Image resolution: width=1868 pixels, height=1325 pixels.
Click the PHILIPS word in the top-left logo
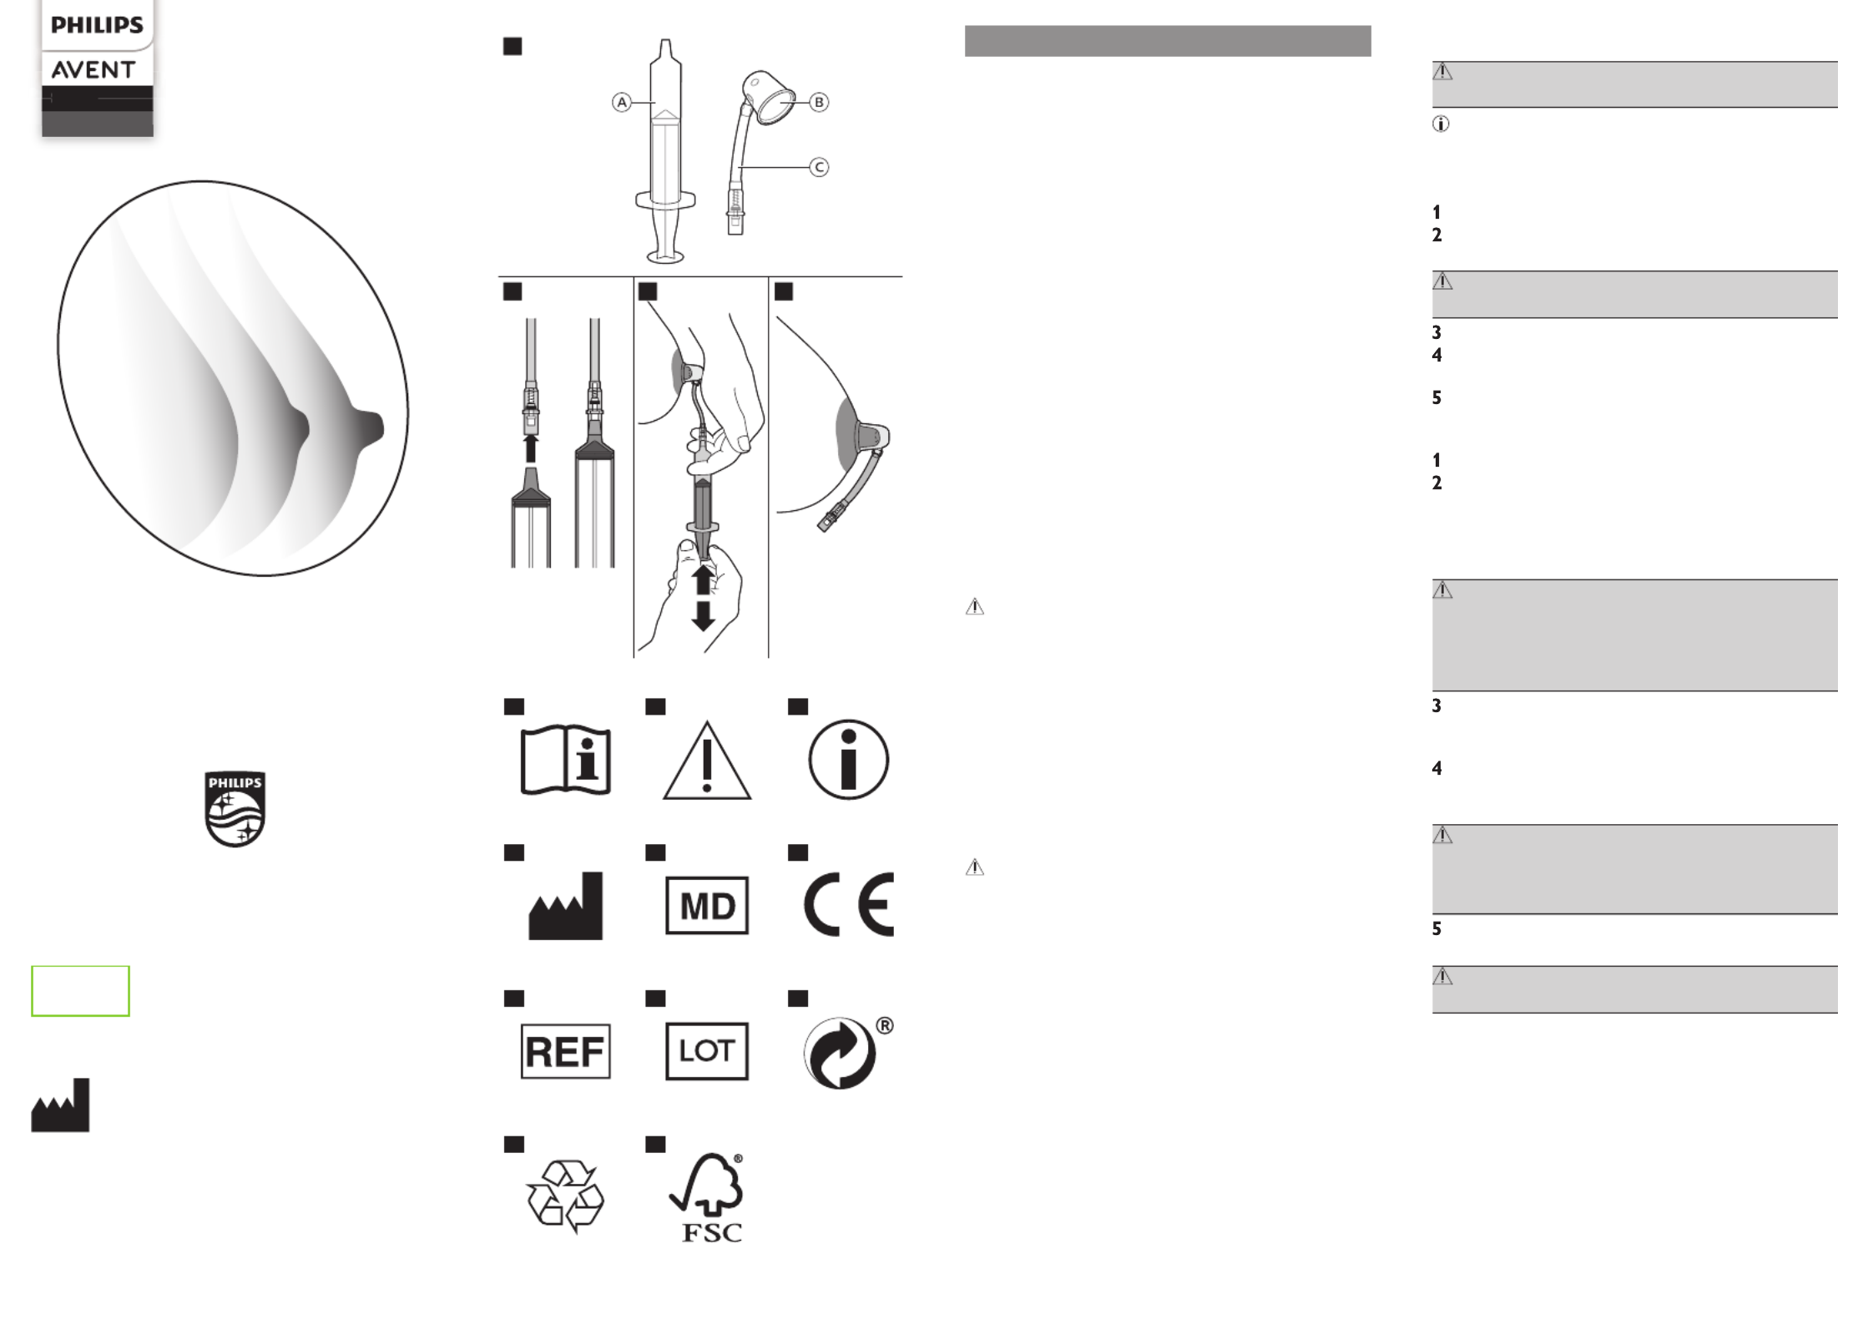pos(97,25)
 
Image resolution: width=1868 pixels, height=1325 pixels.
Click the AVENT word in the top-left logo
pos(93,70)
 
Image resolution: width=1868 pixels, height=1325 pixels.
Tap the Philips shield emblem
pos(235,809)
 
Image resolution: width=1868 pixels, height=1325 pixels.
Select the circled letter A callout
pos(622,102)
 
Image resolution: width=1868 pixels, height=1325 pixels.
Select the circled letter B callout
pos(819,102)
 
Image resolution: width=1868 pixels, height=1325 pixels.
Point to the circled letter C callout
pos(819,167)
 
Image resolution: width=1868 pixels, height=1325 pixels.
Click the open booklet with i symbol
pos(566,760)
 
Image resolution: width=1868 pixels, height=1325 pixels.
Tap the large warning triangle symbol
pos(707,761)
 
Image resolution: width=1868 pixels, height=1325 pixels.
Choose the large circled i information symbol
pos(848,760)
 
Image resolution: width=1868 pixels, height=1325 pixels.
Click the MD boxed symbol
pos(707,905)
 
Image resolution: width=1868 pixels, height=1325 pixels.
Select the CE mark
pos(849,905)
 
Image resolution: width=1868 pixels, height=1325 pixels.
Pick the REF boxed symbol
pos(566,1051)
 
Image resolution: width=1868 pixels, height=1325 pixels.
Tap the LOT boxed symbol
pos(707,1051)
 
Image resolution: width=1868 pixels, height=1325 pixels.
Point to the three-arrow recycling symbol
pos(565,1196)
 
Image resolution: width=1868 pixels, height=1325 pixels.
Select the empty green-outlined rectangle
pos(80,991)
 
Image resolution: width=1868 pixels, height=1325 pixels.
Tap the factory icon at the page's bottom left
pos(60,1105)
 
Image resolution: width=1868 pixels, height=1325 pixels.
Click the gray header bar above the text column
pos(1168,41)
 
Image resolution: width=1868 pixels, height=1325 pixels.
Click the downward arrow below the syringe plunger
pos(703,615)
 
